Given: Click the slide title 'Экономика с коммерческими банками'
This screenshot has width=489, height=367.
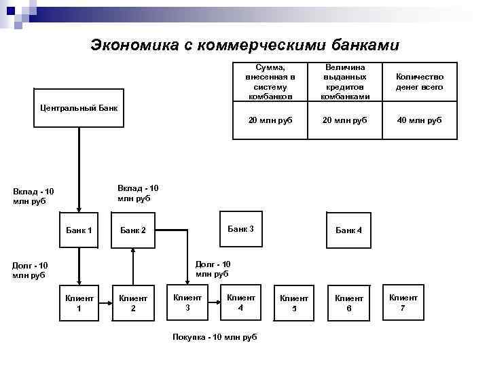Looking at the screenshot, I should [245, 45].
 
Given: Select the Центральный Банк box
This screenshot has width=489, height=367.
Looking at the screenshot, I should [79, 107].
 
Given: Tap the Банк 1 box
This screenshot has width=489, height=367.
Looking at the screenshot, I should [79, 230].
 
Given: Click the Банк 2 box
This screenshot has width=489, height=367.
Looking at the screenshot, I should [133, 230].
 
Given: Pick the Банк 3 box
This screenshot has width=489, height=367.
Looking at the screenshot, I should [240, 229].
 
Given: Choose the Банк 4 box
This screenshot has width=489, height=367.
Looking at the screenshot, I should [349, 230].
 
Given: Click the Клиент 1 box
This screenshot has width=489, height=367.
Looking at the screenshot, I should [79, 302].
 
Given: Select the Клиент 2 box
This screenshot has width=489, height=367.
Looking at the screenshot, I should [133, 302].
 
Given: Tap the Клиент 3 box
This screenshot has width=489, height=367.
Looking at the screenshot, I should [187, 302].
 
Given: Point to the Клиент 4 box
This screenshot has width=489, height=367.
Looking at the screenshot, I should [240, 302].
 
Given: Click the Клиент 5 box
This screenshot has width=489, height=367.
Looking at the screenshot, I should [294, 302].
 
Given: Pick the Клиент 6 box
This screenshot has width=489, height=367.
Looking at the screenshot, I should [349, 302].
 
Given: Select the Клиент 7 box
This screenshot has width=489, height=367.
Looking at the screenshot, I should [403, 302].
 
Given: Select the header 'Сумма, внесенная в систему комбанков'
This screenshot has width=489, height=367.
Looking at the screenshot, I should [266, 82].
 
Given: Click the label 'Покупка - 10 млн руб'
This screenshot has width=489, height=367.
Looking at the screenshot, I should [215, 337].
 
